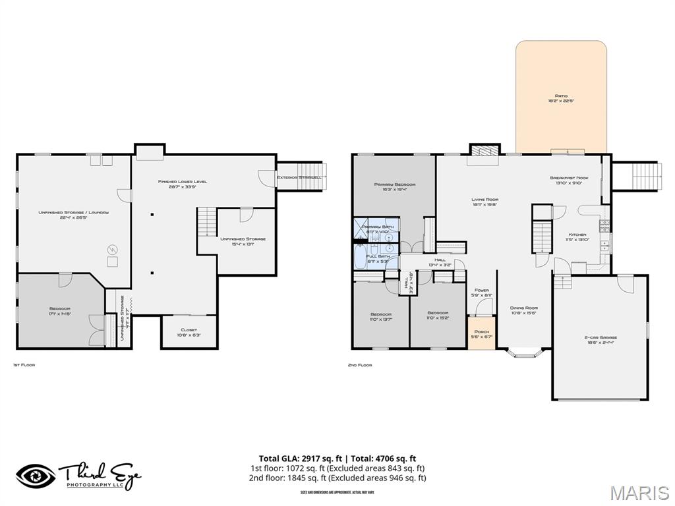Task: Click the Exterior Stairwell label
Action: [x=299, y=177]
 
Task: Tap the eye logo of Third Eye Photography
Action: [x=36, y=476]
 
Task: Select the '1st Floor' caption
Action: [x=24, y=364]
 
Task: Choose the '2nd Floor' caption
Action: [x=360, y=364]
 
